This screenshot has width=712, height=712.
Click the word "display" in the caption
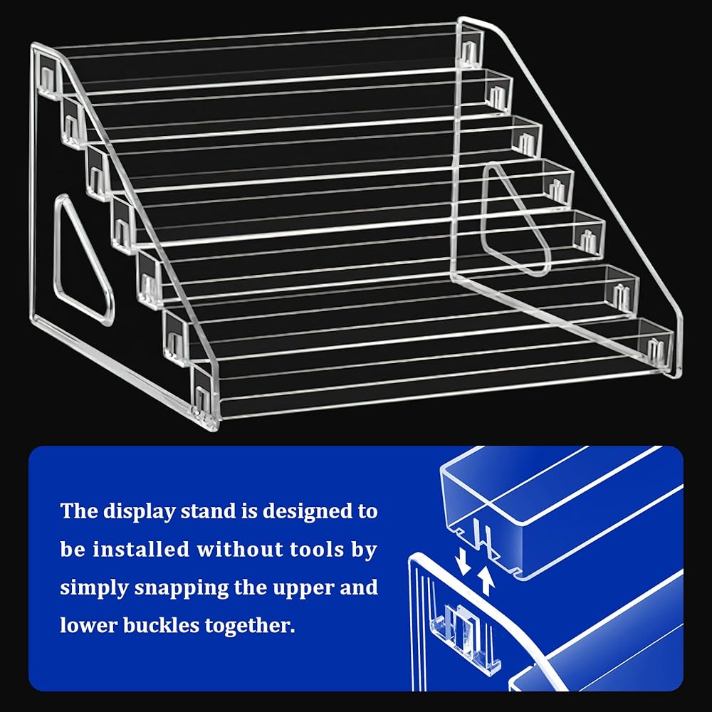tap(139, 512)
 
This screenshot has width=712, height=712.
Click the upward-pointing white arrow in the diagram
tap(486, 580)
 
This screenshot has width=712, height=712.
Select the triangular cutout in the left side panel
tap(83, 259)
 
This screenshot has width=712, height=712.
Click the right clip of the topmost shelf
tap(468, 53)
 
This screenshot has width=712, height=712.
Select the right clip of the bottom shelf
tap(655, 350)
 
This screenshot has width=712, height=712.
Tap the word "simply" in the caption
tap(95, 589)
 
